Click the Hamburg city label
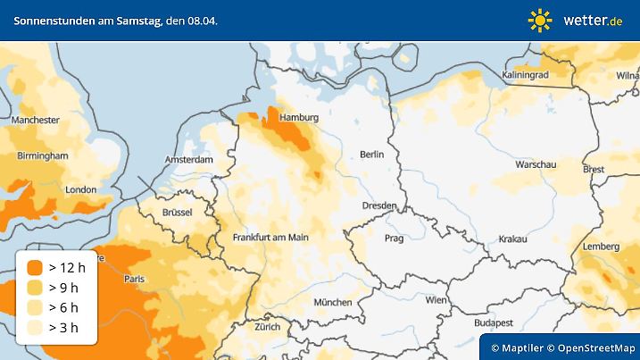click(x=299, y=118)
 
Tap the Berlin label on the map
click(x=371, y=155)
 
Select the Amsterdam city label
click(x=188, y=160)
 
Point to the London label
click(x=80, y=189)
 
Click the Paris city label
click(x=134, y=279)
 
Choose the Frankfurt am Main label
click(x=270, y=238)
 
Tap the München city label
click(x=332, y=302)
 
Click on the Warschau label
click(x=536, y=165)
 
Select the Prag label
click(x=394, y=239)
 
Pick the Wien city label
click(x=436, y=301)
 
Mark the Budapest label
click(x=492, y=322)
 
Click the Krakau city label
click(x=513, y=239)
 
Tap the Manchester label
click(x=36, y=120)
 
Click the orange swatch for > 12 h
click(x=35, y=267)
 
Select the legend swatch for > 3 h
click(x=35, y=327)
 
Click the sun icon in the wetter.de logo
click(x=540, y=20)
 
